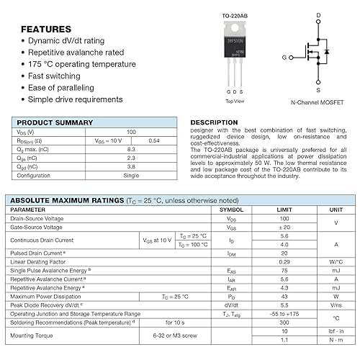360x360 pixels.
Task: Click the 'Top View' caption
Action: [235, 102]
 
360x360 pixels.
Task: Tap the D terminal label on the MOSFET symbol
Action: [319, 15]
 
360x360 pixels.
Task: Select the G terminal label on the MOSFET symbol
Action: [284, 56]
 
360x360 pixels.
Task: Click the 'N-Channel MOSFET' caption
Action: [318, 103]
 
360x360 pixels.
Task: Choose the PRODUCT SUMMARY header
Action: [53, 123]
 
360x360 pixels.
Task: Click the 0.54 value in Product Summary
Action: [153, 140]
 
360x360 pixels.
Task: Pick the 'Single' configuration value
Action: [131, 175]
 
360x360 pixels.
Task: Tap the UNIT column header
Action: [336, 210]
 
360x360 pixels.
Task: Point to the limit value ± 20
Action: [284, 227]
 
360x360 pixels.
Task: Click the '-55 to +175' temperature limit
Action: [284, 314]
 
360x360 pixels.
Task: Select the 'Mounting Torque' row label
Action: [32, 335]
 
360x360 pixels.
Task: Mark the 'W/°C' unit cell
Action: [336, 261]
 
